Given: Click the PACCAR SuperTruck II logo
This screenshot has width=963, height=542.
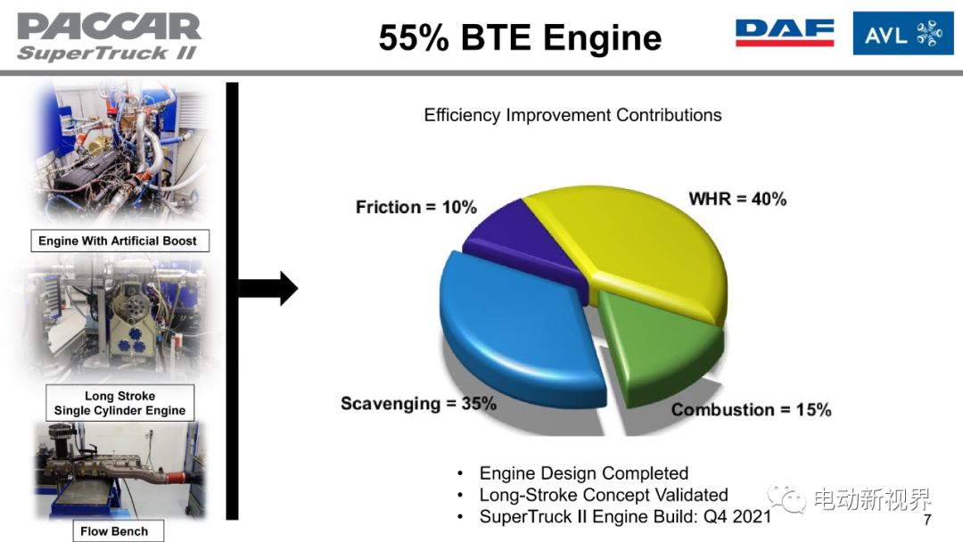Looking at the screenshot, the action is coord(109,37).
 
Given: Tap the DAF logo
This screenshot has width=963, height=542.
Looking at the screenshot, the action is coord(785,32).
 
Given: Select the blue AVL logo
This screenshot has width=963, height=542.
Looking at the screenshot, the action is coord(902,33).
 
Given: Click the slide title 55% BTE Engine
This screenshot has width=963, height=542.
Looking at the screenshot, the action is coord(520,37).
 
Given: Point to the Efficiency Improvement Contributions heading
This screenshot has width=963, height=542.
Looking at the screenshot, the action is coord(572,115).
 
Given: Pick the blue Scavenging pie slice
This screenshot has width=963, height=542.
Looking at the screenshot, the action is coord(516,325).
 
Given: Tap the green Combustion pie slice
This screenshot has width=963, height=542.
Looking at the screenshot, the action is coord(657,344).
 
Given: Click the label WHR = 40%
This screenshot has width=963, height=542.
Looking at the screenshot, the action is coord(737,199).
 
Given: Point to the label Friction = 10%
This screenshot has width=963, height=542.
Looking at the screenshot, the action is coord(416,207).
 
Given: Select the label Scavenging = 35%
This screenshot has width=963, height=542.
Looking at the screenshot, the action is coord(418,403).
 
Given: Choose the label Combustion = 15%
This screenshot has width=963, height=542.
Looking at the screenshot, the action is coord(751,409).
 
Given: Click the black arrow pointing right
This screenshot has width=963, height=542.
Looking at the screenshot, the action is coord(267,288).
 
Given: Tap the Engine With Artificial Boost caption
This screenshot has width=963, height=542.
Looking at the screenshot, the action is coord(119,241).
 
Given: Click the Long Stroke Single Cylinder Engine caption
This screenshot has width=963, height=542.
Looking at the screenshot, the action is coord(119,403).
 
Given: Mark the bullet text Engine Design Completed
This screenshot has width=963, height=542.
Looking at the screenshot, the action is coord(583,473).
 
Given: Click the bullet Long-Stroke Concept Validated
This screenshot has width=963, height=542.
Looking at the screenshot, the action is coord(603,495).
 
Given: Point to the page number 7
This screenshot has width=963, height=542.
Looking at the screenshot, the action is coord(927,520).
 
